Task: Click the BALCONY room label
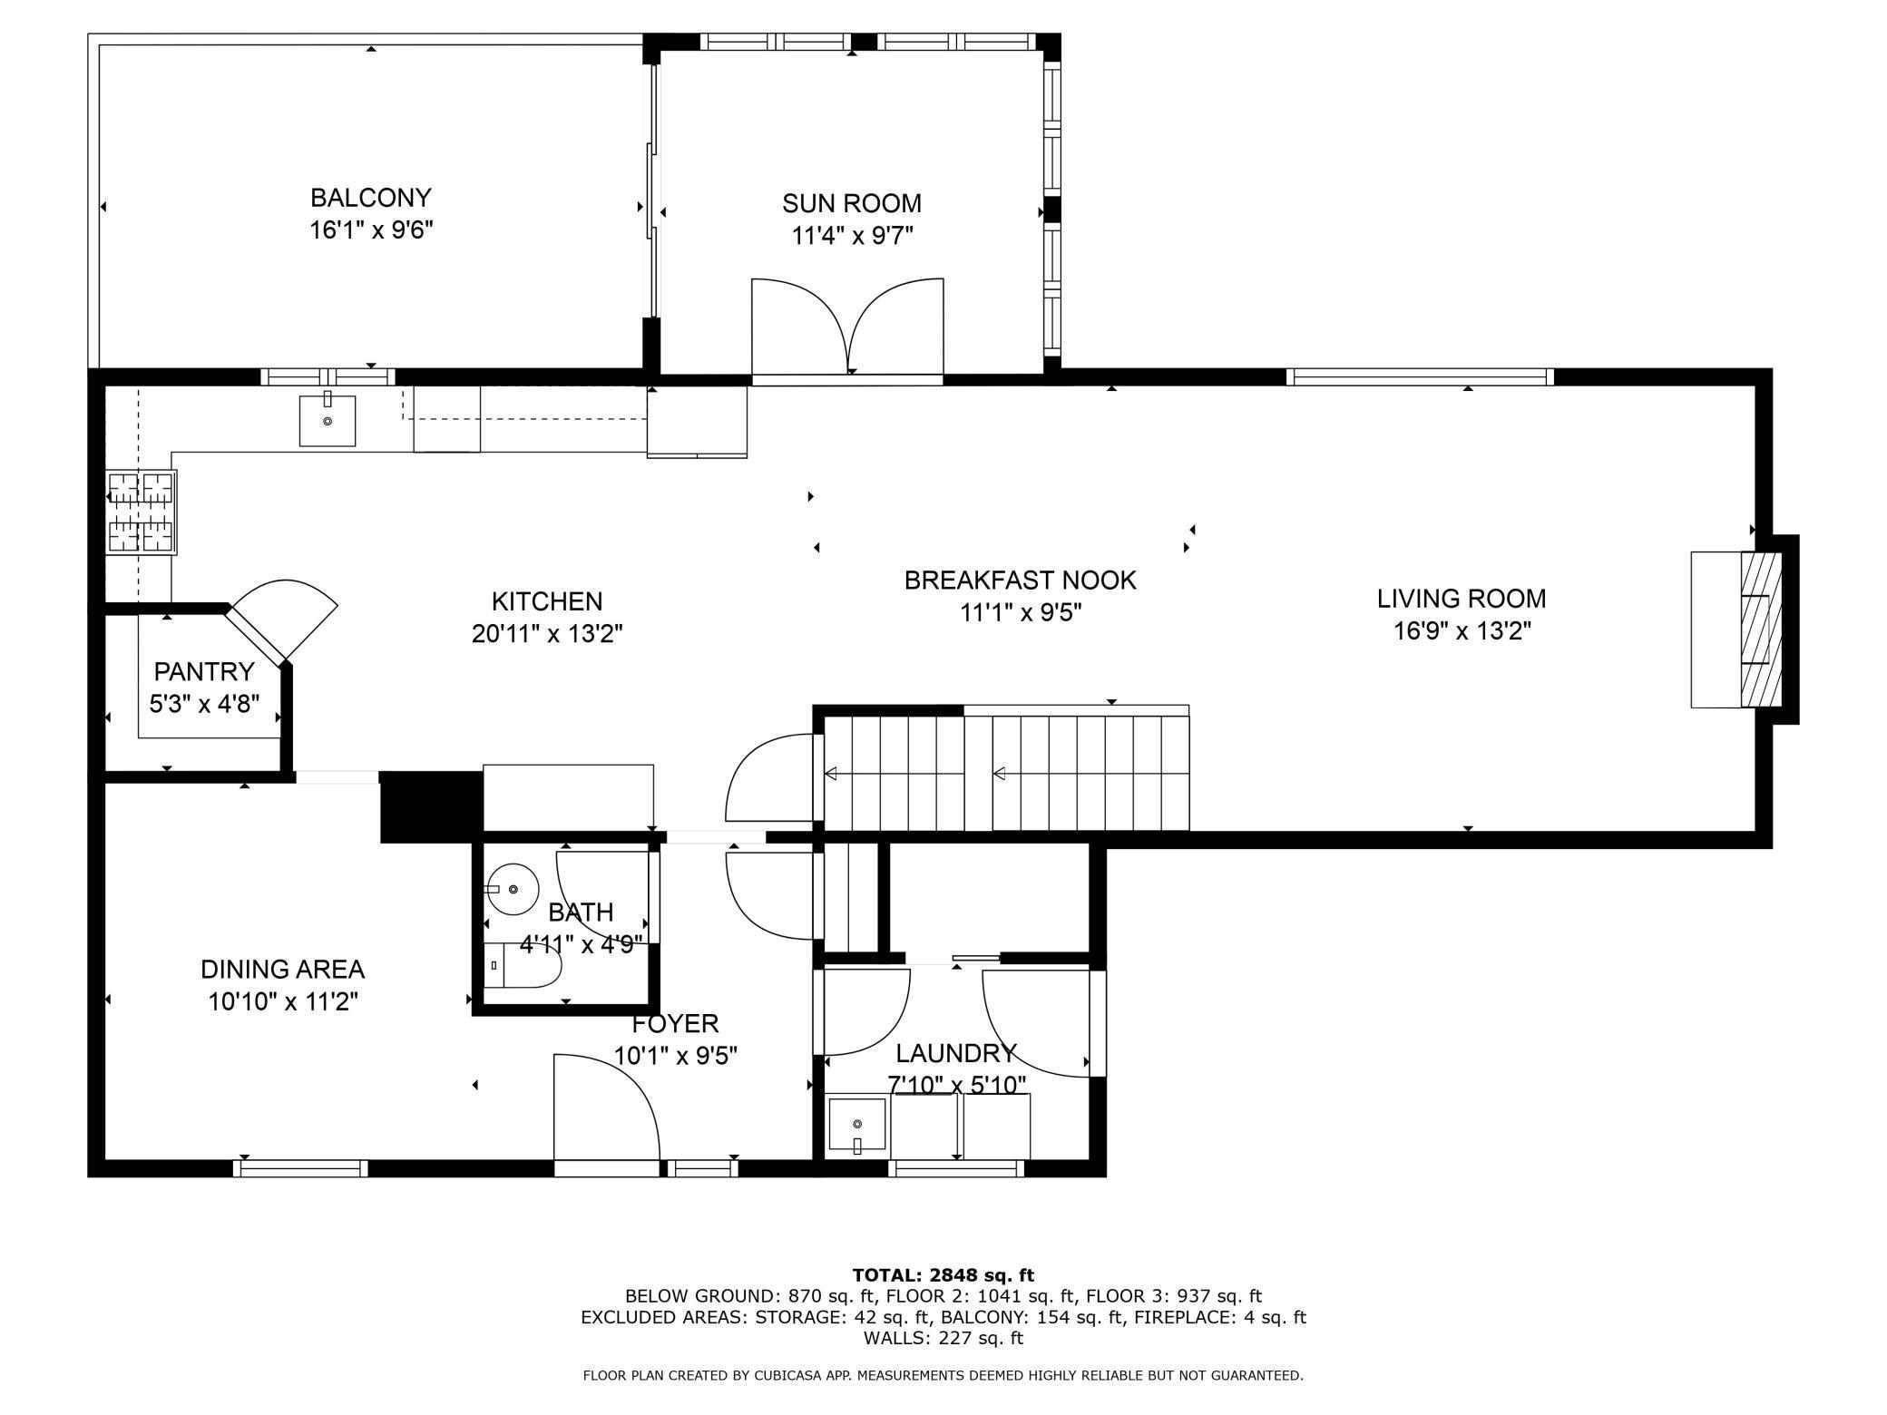pyautogui.click(x=370, y=198)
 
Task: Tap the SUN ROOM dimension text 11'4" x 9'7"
pyautogui.click(x=852, y=236)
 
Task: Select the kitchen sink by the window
pyautogui.click(x=328, y=421)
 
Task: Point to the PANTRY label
pyautogui.click(x=204, y=671)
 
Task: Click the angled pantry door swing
pyautogui.click(x=281, y=619)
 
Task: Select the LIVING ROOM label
pyautogui.click(x=1462, y=599)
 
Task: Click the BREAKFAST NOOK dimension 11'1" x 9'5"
pyautogui.click(x=1021, y=613)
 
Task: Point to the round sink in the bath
pyautogui.click(x=513, y=889)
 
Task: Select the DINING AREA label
pyautogui.click(x=282, y=970)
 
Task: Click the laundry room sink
pyautogui.click(x=857, y=1127)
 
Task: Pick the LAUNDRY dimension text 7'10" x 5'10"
pyautogui.click(x=956, y=1085)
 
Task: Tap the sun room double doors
pyautogui.click(x=848, y=328)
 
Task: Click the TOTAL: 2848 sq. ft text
pyautogui.click(x=943, y=1276)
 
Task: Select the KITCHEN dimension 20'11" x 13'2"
pyautogui.click(x=547, y=634)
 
